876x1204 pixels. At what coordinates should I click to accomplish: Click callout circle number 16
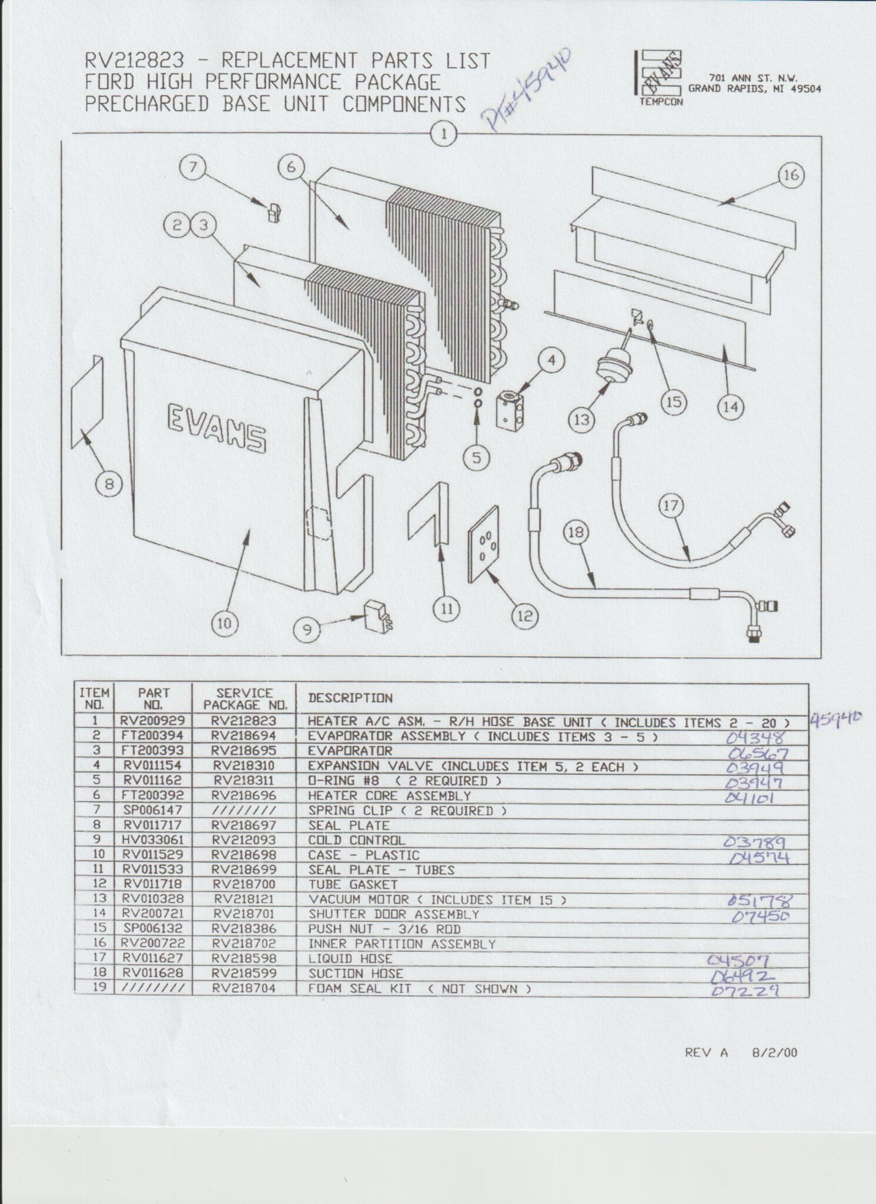[791, 175]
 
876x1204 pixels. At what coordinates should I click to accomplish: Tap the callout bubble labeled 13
[581, 420]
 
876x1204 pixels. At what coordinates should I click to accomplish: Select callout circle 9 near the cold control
[307, 631]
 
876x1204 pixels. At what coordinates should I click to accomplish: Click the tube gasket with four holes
[484, 544]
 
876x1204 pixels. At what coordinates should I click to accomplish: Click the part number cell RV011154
[152, 765]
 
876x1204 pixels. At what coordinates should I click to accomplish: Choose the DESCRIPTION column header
[350, 698]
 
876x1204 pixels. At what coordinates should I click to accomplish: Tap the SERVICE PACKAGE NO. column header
[245, 698]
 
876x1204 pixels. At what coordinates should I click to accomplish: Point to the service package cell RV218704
[244, 988]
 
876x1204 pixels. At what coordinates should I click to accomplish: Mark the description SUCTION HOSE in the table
[356, 974]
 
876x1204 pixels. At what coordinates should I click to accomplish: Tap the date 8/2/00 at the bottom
[774, 1053]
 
